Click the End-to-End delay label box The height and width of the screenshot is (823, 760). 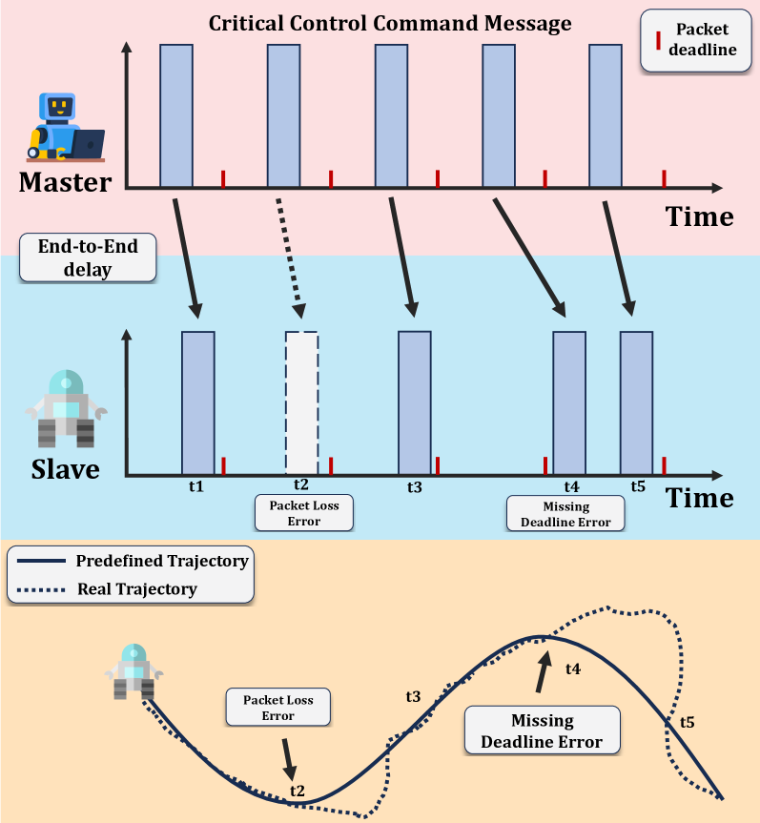click(x=88, y=257)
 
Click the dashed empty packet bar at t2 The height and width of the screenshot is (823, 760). click(x=301, y=402)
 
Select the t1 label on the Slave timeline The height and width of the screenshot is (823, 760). click(x=196, y=485)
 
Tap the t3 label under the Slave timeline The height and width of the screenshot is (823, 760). click(x=414, y=486)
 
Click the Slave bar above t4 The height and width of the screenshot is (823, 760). click(x=569, y=402)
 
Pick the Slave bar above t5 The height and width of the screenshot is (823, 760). click(x=637, y=402)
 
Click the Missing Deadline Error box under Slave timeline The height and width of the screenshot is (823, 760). click(x=565, y=513)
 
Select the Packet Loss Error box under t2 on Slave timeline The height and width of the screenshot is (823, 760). click(x=303, y=511)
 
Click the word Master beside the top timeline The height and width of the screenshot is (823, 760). click(x=65, y=182)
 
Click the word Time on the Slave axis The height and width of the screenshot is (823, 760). click(x=700, y=498)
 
